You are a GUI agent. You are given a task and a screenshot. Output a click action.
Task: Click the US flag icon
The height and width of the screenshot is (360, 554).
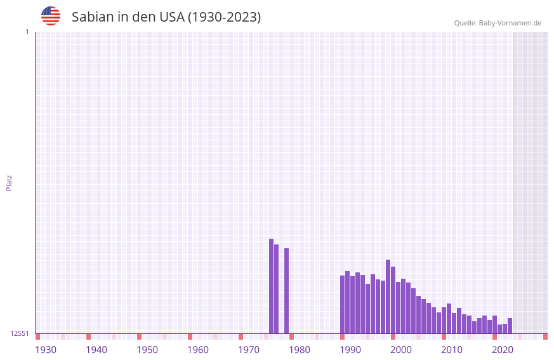click(51, 16)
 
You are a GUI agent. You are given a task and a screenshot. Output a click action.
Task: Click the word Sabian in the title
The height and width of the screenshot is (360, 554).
click(93, 17)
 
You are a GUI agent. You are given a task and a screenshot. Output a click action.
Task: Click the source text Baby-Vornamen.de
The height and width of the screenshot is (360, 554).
click(510, 23)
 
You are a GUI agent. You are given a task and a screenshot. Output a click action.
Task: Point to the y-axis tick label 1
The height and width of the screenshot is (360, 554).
click(27, 32)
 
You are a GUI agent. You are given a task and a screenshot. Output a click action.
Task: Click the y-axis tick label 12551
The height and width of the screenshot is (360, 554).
click(19, 333)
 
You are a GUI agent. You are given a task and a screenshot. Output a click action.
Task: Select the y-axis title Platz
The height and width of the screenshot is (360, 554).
click(9, 182)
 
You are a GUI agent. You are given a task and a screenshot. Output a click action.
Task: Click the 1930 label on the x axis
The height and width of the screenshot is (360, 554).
click(46, 350)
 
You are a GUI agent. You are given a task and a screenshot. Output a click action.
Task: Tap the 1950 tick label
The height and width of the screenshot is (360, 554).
click(147, 350)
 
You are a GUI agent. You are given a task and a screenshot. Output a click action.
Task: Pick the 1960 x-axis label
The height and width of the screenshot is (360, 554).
click(198, 350)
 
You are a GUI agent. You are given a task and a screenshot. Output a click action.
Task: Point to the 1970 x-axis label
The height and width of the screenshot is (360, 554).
click(249, 350)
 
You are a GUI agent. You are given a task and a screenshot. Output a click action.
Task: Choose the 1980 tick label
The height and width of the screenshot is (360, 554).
click(300, 350)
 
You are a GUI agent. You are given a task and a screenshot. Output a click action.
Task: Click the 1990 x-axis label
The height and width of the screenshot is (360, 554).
click(350, 350)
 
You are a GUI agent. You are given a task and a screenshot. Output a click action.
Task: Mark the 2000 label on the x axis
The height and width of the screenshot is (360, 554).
click(401, 350)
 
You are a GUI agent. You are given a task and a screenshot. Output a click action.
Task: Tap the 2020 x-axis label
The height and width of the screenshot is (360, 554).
click(503, 350)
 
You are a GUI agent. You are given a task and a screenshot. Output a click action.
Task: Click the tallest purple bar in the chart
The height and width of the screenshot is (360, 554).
click(271, 286)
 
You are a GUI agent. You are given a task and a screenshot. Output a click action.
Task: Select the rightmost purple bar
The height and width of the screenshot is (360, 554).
click(510, 326)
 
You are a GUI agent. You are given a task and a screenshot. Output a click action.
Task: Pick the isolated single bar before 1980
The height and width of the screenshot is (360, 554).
click(286, 291)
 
